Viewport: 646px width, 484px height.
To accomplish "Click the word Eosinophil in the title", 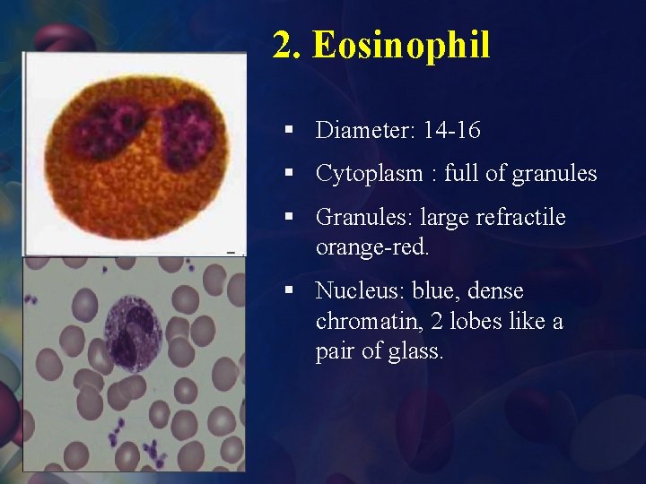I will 401,45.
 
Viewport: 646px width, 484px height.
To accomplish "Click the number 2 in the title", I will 283,45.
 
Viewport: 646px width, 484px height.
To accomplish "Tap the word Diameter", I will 361,131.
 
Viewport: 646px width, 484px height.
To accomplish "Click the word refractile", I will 523,218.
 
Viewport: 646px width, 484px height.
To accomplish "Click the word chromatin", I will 359,321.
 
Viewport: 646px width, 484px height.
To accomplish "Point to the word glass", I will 415,351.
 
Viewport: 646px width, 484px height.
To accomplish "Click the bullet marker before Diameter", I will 288,131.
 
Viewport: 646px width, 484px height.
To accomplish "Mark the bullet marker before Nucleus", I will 288,291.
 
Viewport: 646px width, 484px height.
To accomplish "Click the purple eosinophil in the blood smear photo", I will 133,335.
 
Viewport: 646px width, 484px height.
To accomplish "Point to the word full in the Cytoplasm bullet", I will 459,174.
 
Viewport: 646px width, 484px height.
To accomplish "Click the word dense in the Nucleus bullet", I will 496,291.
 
